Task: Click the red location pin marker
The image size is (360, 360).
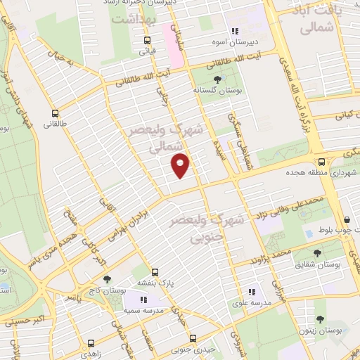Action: (181, 166)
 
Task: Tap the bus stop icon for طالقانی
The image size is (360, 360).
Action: (56, 112)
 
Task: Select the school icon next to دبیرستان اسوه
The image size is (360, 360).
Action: (234, 31)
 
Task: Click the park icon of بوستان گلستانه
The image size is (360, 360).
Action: (217, 80)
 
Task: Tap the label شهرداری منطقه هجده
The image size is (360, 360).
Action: (316, 171)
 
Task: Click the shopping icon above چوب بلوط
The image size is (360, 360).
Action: (348, 219)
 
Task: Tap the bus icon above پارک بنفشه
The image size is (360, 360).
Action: (155, 271)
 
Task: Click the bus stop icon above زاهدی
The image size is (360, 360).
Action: (91, 343)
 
